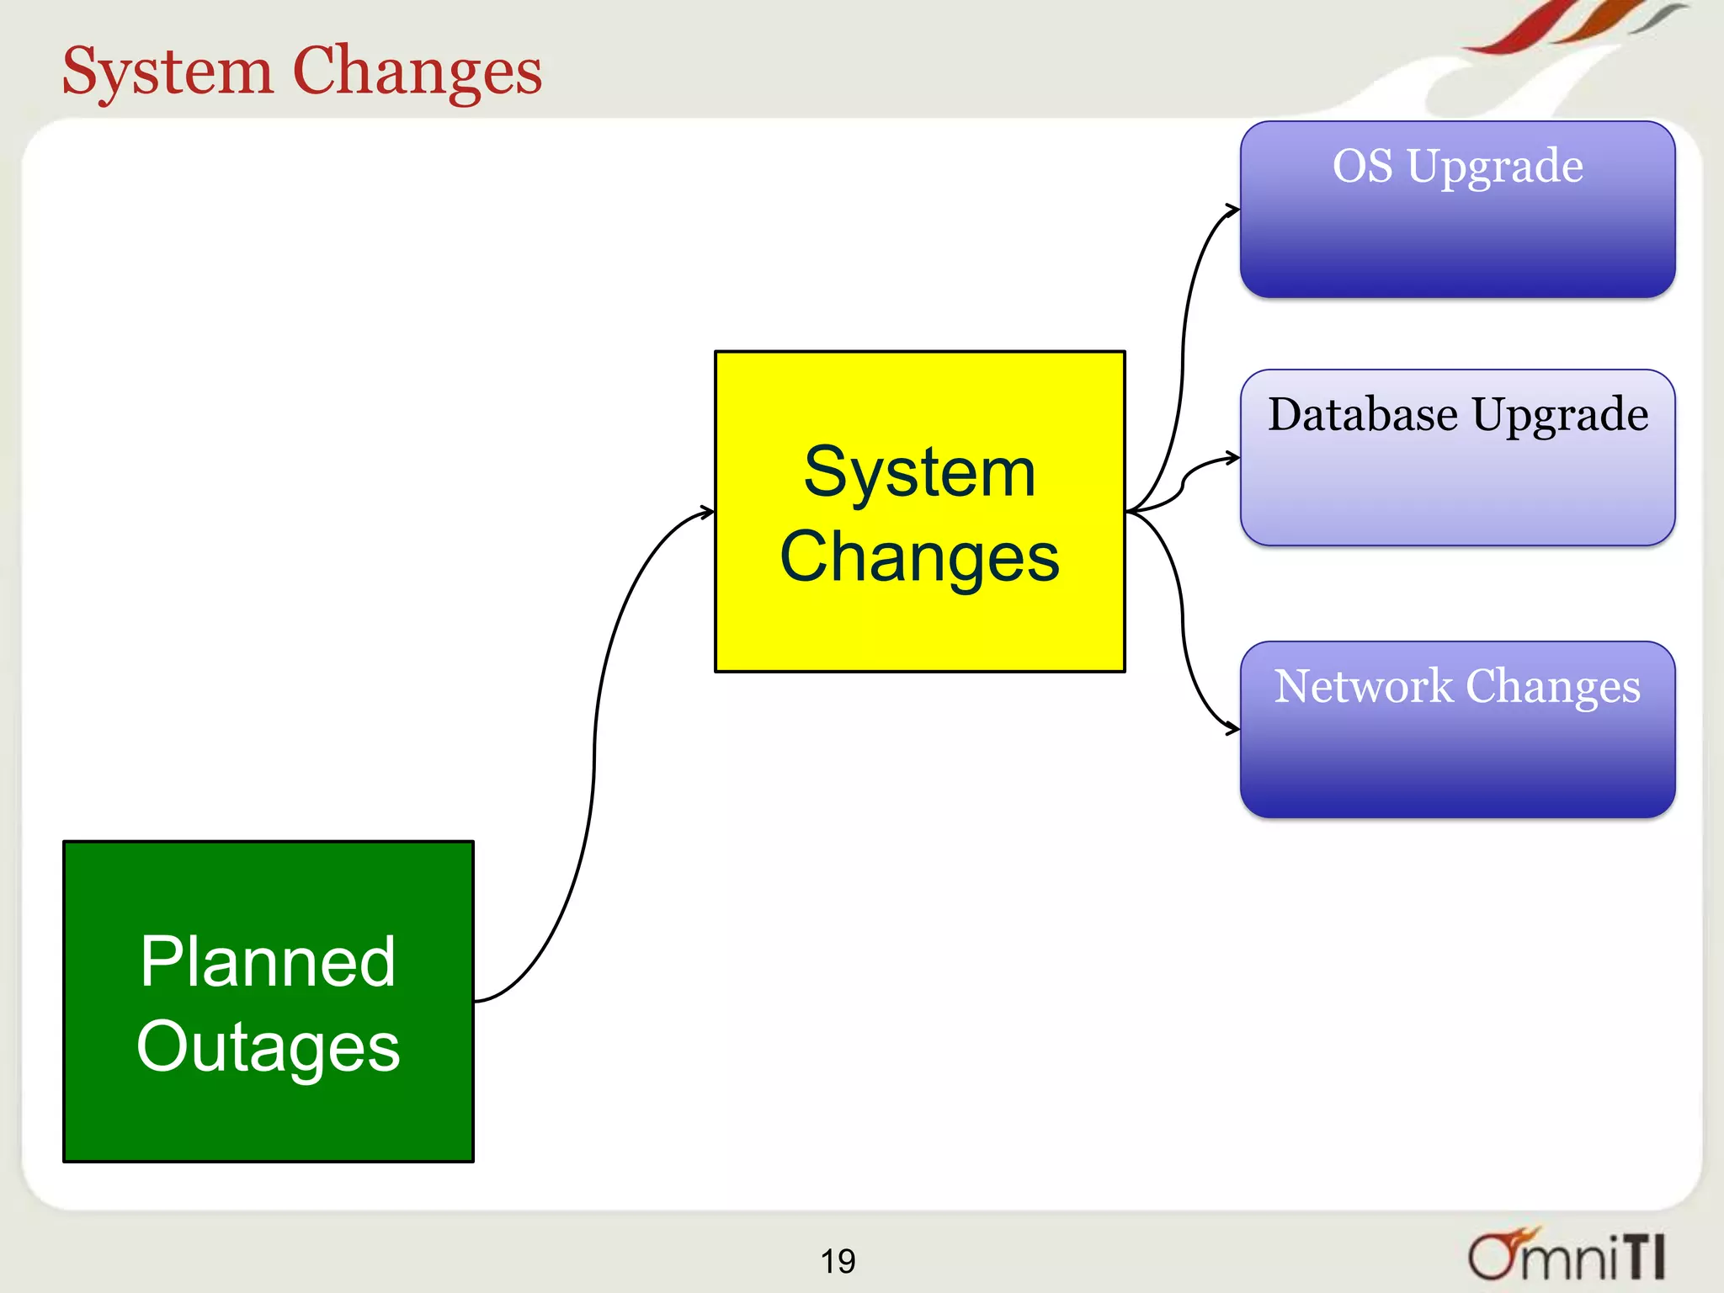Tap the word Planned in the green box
(268, 961)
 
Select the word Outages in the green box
(268, 1046)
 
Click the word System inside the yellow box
(919, 472)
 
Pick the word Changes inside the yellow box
(919, 557)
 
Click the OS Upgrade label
(1457, 166)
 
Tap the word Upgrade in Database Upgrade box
(1560, 416)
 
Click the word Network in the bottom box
(1362, 686)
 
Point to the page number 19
(838, 1261)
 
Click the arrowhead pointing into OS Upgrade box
(1233, 210)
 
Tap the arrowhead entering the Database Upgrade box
(1233, 458)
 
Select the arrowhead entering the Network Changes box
(1233, 729)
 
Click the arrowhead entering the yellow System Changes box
(708, 511)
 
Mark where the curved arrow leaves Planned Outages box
(477, 1001)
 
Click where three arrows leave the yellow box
(1129, 511)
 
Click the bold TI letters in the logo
(1642, 1256)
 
